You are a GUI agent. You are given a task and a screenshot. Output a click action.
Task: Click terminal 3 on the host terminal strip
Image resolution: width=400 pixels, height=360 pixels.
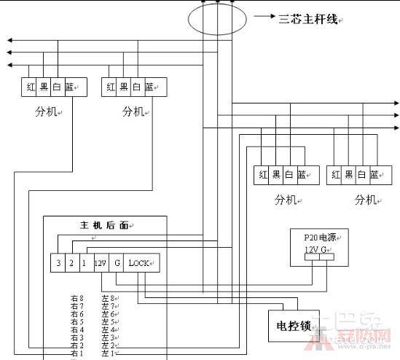[58, 262]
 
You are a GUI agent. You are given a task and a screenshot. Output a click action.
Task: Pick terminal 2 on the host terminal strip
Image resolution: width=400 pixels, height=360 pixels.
[71, 262]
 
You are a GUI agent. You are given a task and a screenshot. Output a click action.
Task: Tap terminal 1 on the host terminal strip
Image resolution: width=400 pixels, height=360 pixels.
[85, 262]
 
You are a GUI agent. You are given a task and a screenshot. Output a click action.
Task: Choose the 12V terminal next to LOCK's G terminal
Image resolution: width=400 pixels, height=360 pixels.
[100, 262]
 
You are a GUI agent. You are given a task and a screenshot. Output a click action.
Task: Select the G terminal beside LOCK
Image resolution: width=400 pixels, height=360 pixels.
[117, 262]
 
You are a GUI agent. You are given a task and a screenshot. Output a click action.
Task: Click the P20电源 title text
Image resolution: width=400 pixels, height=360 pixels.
[318, 238]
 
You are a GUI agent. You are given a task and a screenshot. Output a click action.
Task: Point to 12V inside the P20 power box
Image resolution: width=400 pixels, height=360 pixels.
[312, 249]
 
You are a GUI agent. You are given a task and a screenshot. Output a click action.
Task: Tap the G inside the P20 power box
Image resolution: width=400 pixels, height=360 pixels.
[326, 249]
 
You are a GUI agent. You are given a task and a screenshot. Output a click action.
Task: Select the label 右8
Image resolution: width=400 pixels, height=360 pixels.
[77, 298]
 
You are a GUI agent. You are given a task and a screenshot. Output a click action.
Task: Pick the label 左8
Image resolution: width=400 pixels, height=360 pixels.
[108, 298]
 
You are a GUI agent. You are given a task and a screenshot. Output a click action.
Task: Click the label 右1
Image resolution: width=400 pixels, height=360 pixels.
[77, 353]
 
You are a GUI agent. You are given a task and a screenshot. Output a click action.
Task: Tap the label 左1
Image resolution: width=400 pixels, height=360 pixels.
[108, 353]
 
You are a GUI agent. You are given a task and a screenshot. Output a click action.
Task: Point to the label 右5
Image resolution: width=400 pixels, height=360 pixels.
[77, 321]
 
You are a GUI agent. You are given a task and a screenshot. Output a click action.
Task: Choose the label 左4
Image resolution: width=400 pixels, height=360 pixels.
[108, 329]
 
